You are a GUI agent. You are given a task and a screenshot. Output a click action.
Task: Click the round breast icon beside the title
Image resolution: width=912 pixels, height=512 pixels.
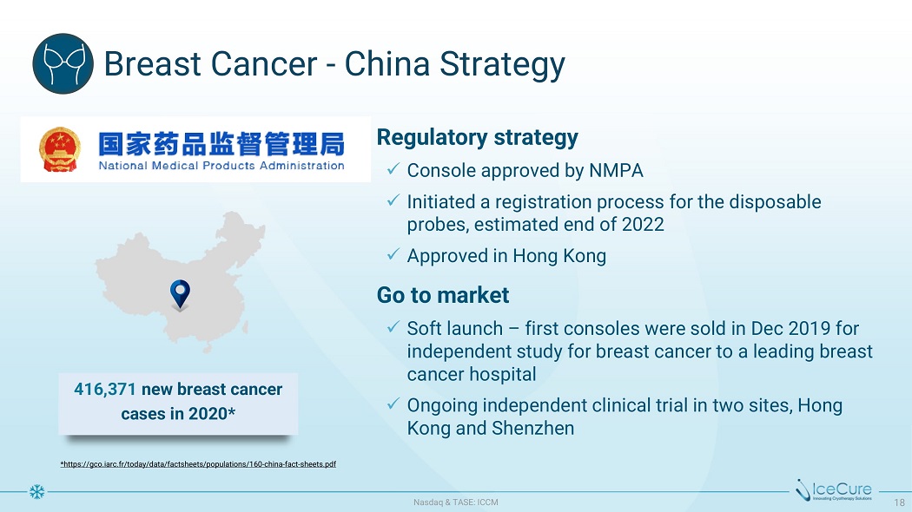63,63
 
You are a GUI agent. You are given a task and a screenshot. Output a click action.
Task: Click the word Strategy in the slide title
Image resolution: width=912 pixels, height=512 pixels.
502,64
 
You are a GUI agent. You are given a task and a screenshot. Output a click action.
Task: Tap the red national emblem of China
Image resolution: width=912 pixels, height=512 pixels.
60,149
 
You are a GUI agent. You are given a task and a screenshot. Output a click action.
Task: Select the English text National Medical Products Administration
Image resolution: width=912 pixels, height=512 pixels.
221,166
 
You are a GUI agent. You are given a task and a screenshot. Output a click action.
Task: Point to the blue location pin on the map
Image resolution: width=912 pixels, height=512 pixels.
180,293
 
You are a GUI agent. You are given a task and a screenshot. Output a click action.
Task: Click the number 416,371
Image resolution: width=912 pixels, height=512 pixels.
105,390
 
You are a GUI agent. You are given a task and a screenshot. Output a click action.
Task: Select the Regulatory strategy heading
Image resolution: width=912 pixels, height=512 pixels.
478,137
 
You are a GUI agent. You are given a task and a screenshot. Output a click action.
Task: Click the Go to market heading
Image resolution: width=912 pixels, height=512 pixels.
443,295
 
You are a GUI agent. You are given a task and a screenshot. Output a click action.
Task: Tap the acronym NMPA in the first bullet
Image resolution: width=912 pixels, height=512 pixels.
616,170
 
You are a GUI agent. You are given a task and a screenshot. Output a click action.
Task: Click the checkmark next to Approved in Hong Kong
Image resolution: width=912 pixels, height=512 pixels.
393,254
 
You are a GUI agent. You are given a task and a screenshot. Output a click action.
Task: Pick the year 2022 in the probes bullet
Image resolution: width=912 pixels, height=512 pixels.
643,225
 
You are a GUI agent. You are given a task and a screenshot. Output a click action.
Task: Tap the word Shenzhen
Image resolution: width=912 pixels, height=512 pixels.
532,429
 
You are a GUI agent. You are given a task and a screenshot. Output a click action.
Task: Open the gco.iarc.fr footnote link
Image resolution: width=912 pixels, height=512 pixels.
198,463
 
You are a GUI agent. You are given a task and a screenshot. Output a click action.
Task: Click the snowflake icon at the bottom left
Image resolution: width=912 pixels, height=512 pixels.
36,492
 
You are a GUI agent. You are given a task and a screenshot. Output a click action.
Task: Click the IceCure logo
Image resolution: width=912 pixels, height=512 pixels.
834,490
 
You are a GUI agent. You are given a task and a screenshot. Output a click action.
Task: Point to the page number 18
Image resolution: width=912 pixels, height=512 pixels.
899,502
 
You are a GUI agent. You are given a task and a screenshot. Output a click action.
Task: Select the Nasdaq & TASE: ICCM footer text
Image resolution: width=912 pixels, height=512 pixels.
456,502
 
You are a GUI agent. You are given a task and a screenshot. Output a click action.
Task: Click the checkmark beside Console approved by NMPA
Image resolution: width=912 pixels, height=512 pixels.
393,169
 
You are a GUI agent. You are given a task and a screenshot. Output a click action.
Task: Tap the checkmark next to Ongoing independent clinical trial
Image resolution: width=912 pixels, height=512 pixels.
393,404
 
